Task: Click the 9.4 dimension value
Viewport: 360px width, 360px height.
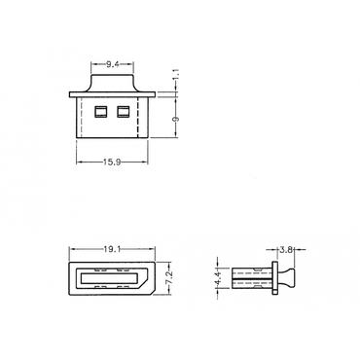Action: pyautogui.click(x=112, y=64)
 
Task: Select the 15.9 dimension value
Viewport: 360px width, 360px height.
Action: pyautogui.click(x=112, y=162)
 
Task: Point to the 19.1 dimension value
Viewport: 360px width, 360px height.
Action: pyautogui.click(x=112, y=249)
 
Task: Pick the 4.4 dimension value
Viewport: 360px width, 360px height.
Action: pyautogui.click(x=218, y=278)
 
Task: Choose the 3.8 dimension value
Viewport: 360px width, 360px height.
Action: pyautogui.click(x=286, y=249)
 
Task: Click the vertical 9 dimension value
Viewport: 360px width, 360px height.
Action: pyautogui.click(x=176, y=119)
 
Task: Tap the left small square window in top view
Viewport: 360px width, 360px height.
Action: pyautogui.click(x=100, y=112)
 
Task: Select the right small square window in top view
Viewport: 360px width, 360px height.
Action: pyautogui.click(x=124, y=112)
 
